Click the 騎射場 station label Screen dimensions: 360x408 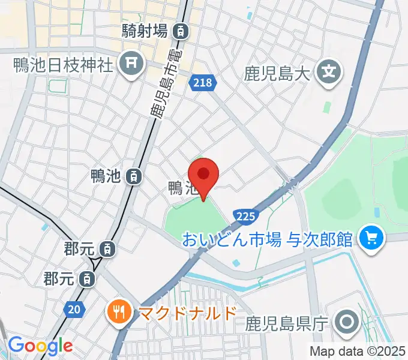(x=145, y=31)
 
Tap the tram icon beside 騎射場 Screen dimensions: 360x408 (x=181, y=31)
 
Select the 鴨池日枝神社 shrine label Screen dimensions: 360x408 (x=63, y=64)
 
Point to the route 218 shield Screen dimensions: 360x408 (x=203, y=83)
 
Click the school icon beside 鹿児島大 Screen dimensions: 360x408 (x=328, y=73)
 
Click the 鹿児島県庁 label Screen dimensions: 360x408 (x=286, y=325)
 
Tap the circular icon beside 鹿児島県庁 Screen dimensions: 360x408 (x=347, y=324)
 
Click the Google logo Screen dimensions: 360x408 (x=40, y=346)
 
